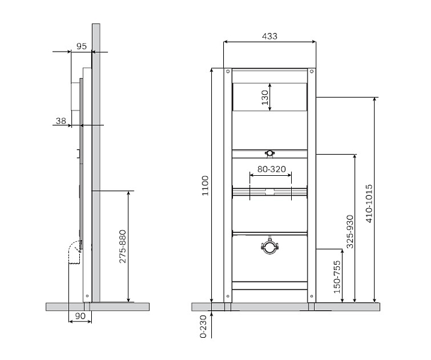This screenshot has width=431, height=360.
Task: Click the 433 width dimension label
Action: pos(270,36)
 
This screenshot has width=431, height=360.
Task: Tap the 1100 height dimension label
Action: pos(205,186)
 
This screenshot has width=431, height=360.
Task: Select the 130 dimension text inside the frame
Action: pos(265,97)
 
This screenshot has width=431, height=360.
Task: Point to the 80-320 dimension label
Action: pos(271,169)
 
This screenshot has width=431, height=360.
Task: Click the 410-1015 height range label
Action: pos(369,203)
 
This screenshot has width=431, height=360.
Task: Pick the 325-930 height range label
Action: pos(350,232)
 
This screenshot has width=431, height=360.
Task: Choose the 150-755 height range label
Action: pos(337,277)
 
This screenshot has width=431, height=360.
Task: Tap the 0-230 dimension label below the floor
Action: pos(203,326)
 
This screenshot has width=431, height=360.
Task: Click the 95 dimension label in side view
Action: pos(82,46)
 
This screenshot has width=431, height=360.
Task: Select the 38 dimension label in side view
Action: pos(61,121)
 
